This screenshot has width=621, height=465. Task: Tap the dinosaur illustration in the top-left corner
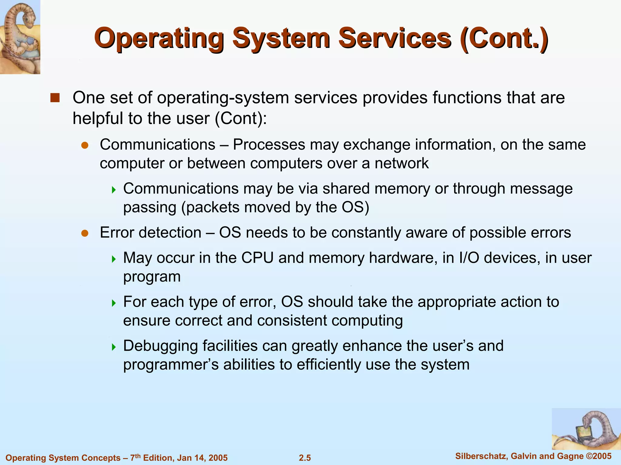point(20,37)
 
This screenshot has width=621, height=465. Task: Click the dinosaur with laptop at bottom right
point(586,429)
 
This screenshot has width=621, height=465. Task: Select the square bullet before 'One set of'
point(55,98)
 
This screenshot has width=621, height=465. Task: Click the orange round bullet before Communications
point(85,145)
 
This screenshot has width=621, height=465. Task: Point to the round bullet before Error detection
point(85,233)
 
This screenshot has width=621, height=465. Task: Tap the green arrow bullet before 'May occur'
point(114,259)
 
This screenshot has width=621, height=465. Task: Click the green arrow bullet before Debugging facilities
point(114,347)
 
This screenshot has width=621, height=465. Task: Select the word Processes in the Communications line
point(269,145)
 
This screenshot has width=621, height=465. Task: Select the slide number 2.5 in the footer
point(305,458)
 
